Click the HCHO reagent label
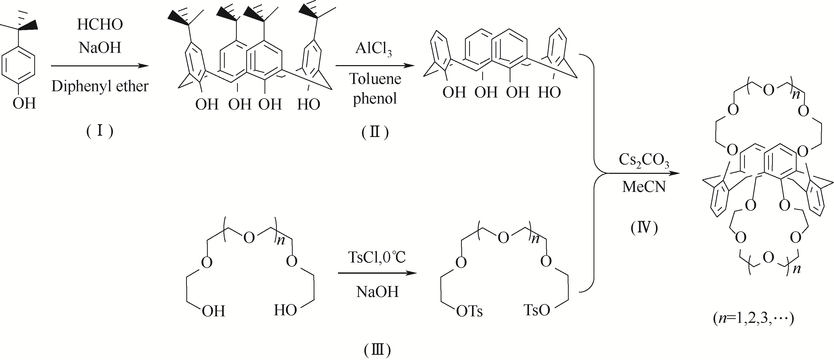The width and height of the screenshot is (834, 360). point(100,25)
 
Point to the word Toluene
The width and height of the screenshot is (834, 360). point(375,79)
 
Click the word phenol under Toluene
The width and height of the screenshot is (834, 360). point(375,98)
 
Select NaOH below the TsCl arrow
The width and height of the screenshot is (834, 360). point(377,292)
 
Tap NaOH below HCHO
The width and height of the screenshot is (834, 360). point(100,48)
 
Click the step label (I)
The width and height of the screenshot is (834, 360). point(100,132)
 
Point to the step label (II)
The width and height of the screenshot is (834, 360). point(375,132)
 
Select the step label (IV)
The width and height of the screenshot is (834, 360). point(644,228)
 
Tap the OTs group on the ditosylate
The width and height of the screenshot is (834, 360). point(469,311)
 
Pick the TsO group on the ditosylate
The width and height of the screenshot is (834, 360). point(537,310)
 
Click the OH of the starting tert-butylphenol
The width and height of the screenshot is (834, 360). point(24,104)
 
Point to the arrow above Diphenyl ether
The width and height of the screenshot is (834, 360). point(100,66)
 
